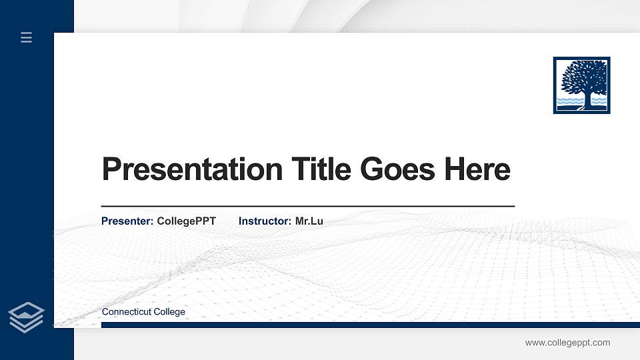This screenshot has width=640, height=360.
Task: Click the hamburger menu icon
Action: tap(27, 37)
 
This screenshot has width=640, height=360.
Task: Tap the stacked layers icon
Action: tap(27, 317)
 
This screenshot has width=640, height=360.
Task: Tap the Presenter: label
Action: tap(127, 221)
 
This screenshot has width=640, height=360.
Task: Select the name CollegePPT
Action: tap(186, 221)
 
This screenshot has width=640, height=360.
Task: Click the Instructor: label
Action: tap(265, 221)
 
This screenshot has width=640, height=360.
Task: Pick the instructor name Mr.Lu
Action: tap(309, 221)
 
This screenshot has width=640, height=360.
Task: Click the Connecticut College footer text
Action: tap(143, 312)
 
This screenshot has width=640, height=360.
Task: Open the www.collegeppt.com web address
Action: tap(567, 343)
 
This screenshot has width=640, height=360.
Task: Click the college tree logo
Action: tap(581, 85)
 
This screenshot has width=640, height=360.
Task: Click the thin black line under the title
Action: tap(307, 207)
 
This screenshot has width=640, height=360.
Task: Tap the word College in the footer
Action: tap(170, 312)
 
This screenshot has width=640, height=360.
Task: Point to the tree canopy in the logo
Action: tap(583, 76)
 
